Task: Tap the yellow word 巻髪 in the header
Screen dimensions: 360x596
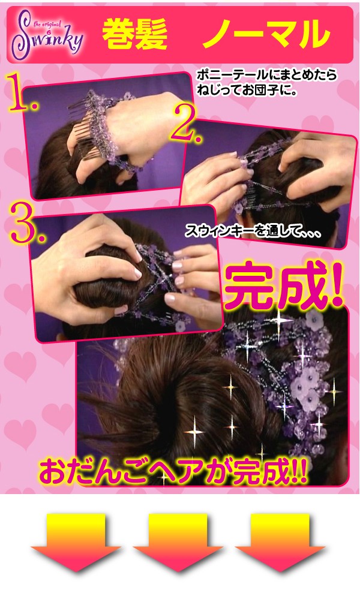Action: pyautogui.click(x=135, y=35)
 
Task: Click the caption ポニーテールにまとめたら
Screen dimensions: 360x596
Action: pyautogui.click(x=266, y=75)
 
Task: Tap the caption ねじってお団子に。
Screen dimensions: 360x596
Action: pyautogui.click(x=246, y=91)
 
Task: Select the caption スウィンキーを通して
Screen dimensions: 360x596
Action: pyautogui.click(x=253, y=231)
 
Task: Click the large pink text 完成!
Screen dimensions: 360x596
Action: pyautogui.click(x=284, y=285)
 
